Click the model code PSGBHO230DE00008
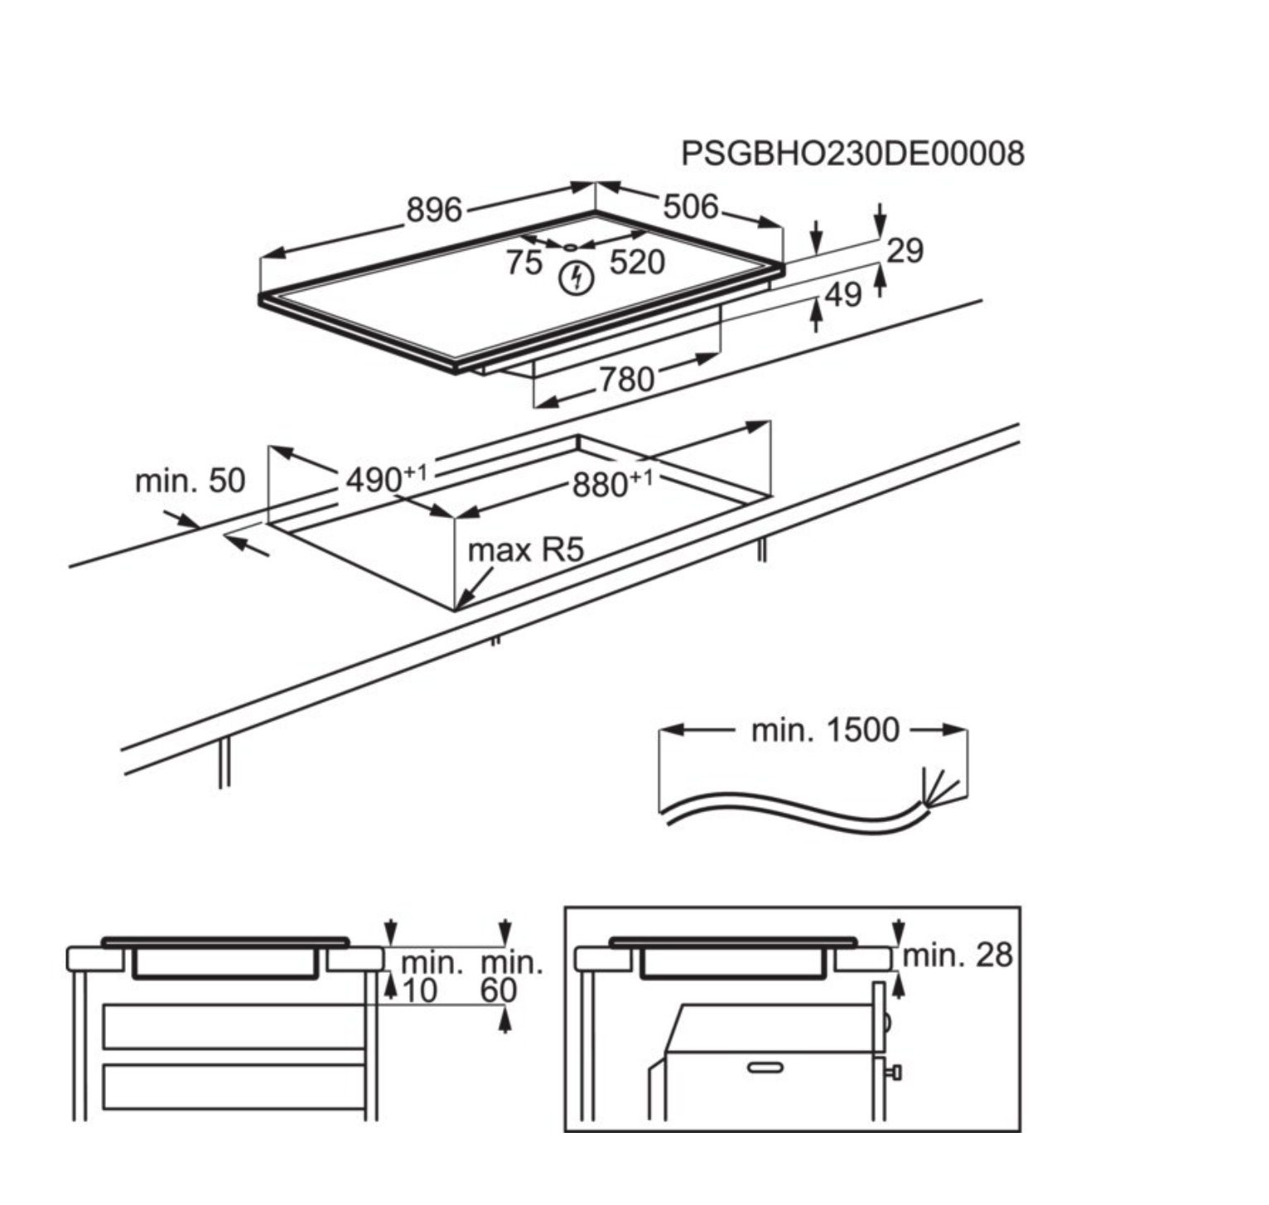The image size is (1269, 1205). coord(852,153)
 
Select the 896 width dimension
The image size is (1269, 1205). coord(433,210)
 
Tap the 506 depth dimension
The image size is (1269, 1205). coord(690,206)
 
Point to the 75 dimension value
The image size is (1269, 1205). coord(524,263)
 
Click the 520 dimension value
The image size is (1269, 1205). coord(637,263)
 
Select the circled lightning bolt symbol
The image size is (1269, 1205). coord(577,278)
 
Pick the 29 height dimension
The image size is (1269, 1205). coord(905,249)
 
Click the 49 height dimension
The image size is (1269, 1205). coord(843,294)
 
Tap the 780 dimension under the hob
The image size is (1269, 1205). coord(626,380)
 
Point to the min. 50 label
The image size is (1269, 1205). coord(190,481)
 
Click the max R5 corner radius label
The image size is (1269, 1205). coord(526,549)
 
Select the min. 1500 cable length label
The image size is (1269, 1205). coord(824,730)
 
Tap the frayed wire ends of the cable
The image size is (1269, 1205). coord(938,787)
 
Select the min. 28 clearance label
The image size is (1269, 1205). coord(958,956)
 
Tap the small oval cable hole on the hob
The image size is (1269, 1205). coord(571,246)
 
